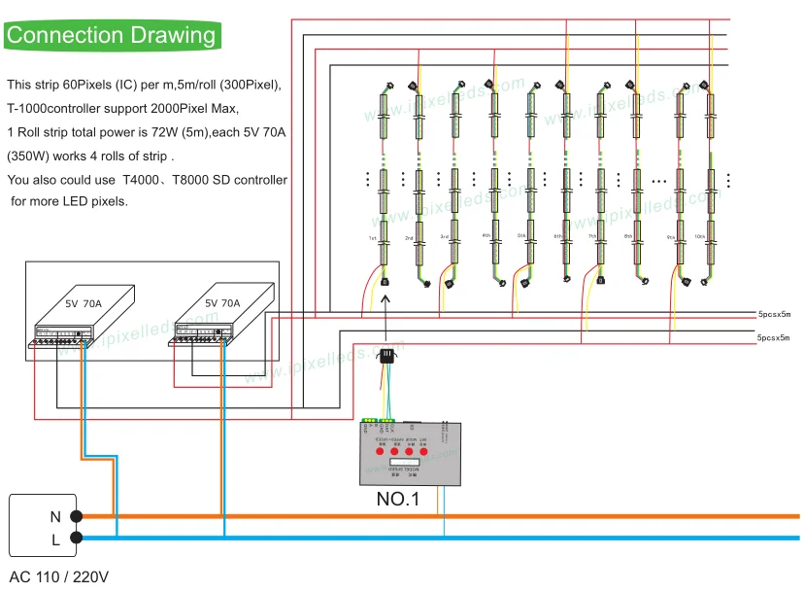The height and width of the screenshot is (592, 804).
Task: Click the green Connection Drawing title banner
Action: coord(112,36)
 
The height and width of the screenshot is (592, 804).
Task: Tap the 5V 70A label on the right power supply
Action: coord(222,302)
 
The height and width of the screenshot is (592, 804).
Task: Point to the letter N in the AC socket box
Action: coord(55,517)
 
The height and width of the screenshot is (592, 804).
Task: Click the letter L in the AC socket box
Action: coord(55,538)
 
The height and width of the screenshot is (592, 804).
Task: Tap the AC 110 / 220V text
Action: coord(59,576)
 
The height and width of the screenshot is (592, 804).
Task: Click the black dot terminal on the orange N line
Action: coord(77,517)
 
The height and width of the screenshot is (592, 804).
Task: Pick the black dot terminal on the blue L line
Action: coord(77,537)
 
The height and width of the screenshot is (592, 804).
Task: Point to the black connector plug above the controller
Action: coord(386,357)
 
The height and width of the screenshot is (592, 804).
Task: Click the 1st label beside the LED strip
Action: coord(371,238)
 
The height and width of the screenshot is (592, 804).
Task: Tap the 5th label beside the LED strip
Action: coord(520,235)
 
